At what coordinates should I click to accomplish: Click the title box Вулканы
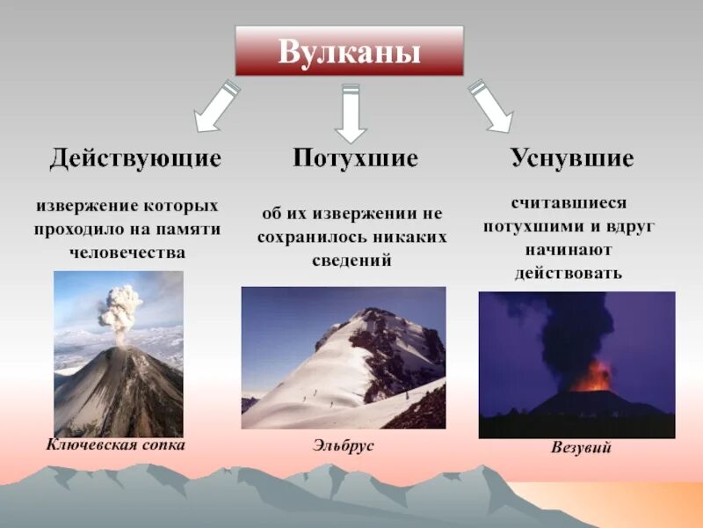point(349,50)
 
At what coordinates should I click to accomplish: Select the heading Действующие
point(135,159)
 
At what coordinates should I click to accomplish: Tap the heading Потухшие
point(355,159)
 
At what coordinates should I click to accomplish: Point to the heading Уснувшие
point(572,159)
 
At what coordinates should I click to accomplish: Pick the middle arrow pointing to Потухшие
point(351,113)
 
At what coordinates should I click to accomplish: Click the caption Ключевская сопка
point(116,444)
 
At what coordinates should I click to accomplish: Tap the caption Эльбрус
point(343,446)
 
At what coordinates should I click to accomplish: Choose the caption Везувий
point(581,449)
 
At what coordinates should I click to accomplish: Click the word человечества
point(128,252)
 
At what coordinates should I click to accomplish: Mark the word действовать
point(569,273)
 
